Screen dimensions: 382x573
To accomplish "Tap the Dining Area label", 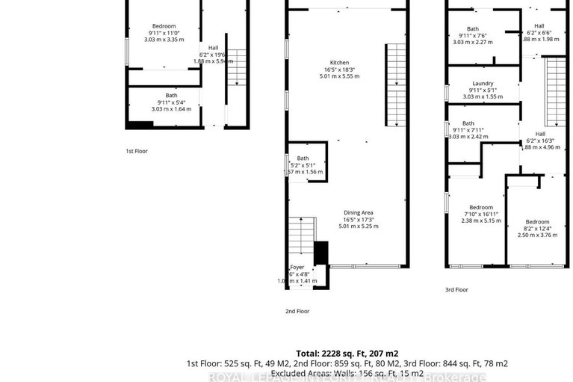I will pyautogui.click(x=349, y=212).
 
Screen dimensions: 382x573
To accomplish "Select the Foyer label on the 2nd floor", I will pyautogui.click(x=297, y=268).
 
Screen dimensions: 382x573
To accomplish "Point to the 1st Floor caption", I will pyautogui.click(x=136, y=151).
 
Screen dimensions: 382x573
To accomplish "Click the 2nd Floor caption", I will pyautogui.click(x=297, y=311).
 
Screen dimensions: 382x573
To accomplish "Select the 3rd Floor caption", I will pyautogui.click(x=456, y=289).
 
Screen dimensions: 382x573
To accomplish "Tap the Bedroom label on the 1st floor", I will pyautogui.click(x=164, y=26).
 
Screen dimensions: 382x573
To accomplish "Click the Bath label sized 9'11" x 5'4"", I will pyautogui.click(x=171, y=96).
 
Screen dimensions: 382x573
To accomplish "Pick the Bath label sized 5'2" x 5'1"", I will pyautogui.click(x=303, y=158).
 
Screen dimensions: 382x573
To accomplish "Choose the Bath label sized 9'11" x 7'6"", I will pyautogui.click(x=472, y=29).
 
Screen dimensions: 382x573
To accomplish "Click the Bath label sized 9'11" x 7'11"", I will pyautogui.click(x=468, y=123).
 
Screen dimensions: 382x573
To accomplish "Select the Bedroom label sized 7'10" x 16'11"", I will pyautogui.click(x=480, y=207).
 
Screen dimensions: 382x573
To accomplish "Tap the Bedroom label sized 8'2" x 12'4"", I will pyautogui.click(x=536, y=222).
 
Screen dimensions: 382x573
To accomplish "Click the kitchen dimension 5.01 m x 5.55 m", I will pyautogui.click(x=339, y=76).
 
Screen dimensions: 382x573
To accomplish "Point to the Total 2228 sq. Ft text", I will pyautogui.click(x=348, y=352).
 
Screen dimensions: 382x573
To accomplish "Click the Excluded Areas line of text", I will pyautogui.click(x=347, y=372).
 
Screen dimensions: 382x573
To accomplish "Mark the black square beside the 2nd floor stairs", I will pyautogui.click(x=320, y=253).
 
